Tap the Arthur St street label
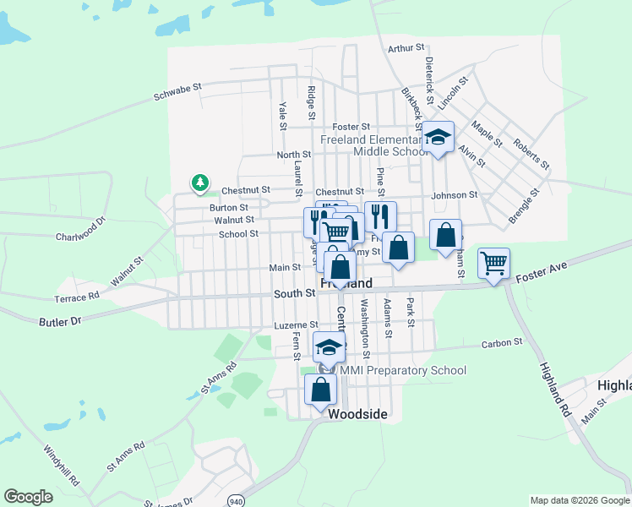(404, 49)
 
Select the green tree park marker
(199, 182)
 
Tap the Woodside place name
(357, 414)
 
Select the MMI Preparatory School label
(403, 370)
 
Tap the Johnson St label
(455, 195)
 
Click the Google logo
(28, 497)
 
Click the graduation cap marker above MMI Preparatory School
(330, 346)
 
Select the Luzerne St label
(296, 324)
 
